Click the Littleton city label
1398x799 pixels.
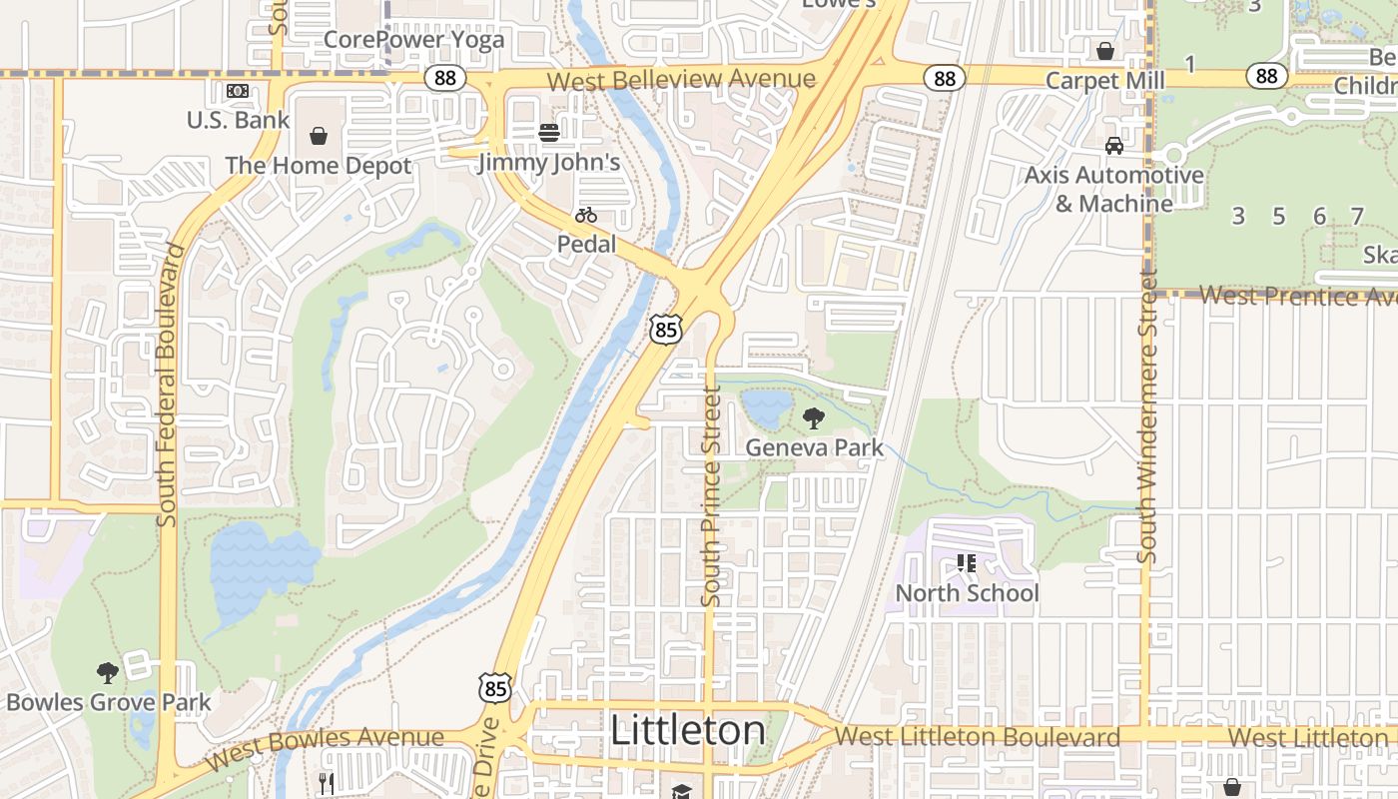pos(687,730)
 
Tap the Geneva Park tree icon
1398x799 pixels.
pos(814,418)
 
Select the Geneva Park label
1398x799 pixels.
pos(814,447)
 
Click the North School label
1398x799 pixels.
pos(967,593)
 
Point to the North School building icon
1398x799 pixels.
pos(966,563)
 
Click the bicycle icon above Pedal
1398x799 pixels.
pos(586,215)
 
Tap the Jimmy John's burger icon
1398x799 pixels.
pos(548,132)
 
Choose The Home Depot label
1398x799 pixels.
pos(318,166)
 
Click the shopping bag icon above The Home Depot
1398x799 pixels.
pos(319,136)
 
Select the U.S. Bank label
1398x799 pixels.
pos(238,120)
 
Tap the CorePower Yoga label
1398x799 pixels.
pos(413,41)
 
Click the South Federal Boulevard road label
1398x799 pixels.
pos(167,385)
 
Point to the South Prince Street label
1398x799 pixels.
pos(711,496)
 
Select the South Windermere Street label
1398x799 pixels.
pos(1147,414)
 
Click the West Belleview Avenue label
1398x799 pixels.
pos(681,80)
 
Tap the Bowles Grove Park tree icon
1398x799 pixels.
pos(107,672)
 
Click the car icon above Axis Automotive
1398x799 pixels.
pos(1113,146)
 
